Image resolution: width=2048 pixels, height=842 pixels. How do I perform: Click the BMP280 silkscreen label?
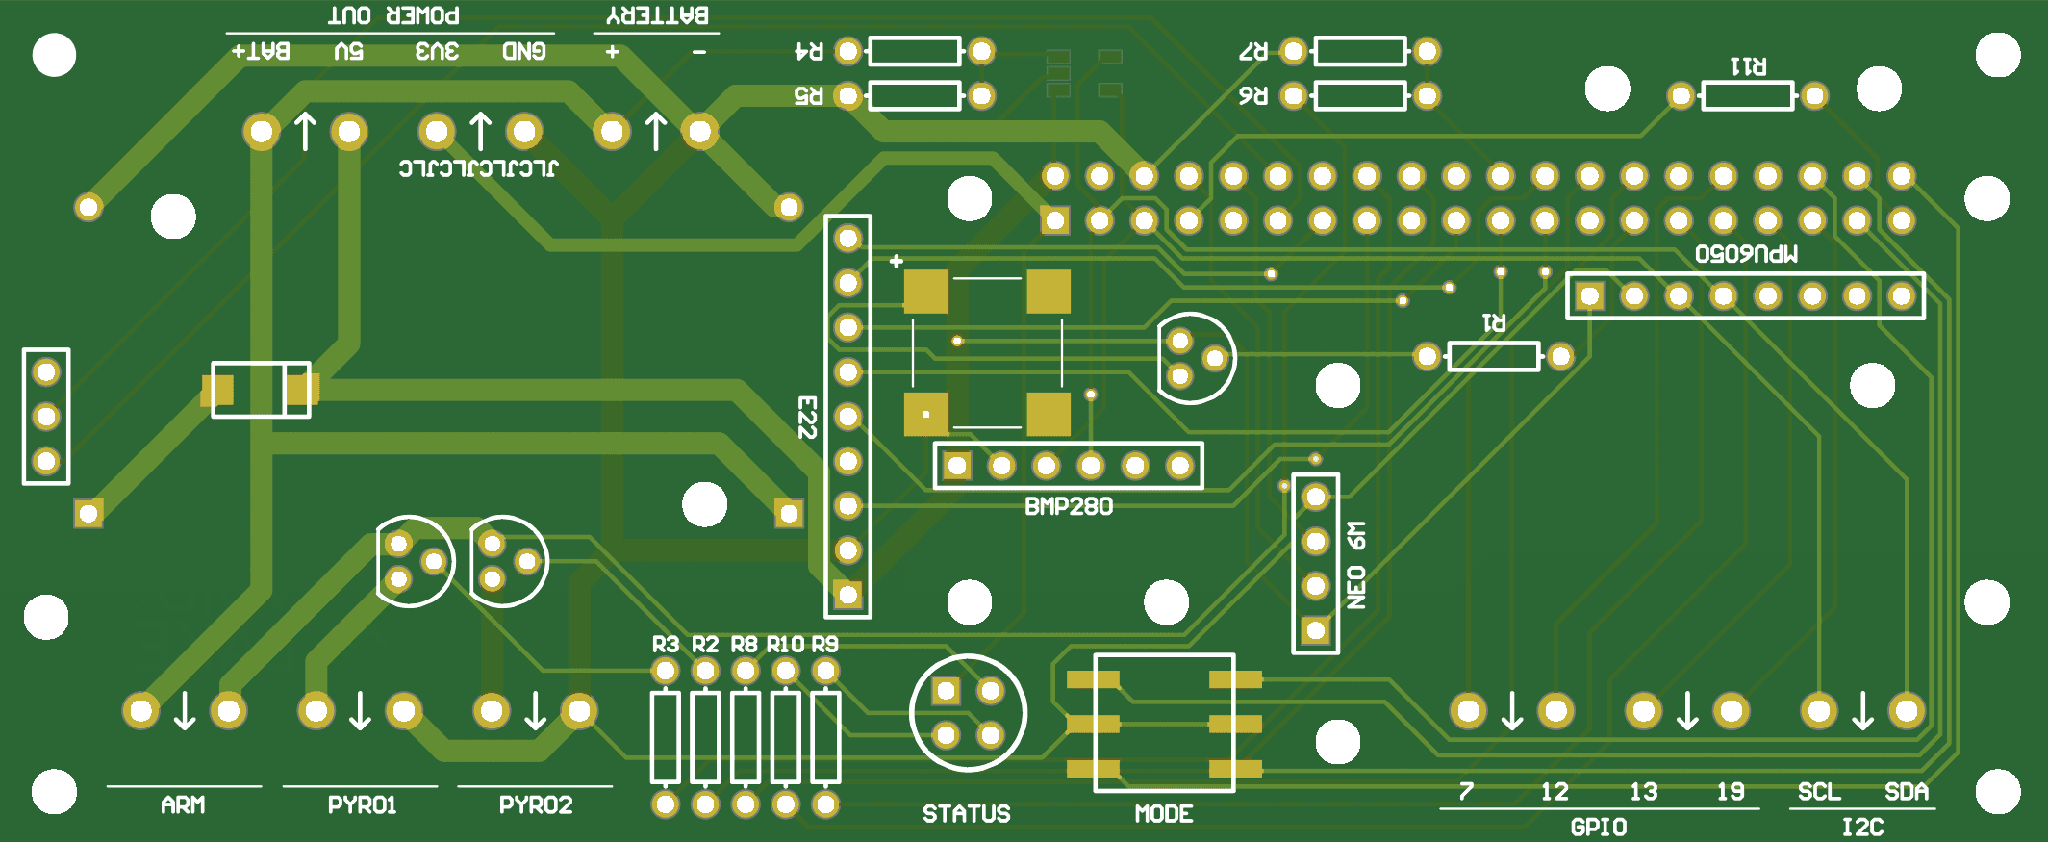coord(1068,506)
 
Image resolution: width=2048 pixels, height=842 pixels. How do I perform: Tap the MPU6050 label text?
coord(1746,254)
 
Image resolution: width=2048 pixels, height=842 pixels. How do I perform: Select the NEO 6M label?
coord(1355,566)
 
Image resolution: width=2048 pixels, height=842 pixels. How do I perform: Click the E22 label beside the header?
coord(807,418)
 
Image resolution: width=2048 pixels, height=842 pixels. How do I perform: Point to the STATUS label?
coord(966,814)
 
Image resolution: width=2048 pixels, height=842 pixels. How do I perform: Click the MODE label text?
coord(1164,814)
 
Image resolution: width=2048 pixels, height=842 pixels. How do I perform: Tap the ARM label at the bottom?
coord(183,804)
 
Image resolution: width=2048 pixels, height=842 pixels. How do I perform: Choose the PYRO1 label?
coord(362,804)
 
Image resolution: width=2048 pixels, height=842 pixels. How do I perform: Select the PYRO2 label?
coord(536,804)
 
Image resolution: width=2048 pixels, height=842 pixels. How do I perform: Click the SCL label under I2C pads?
coord(1819,792)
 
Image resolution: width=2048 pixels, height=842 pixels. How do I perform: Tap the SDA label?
coord(1906,792)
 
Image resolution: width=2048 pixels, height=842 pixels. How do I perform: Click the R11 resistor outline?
coord(1747,96)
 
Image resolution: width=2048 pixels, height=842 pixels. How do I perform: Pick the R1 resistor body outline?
coord(1493,357)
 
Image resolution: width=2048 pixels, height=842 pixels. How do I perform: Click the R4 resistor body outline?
coord(914,51)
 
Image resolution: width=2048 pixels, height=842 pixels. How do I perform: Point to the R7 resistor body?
coord(1360,51)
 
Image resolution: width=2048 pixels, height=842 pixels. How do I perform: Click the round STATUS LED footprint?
coord(968,713)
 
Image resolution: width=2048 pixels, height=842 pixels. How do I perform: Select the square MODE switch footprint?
coord(1164,723)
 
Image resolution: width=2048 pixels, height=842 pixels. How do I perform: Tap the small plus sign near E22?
coord(897,261)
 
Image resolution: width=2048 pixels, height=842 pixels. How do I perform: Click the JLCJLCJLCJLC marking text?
coord(478,168)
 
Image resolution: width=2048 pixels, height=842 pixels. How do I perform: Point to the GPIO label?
coord(1598,827)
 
